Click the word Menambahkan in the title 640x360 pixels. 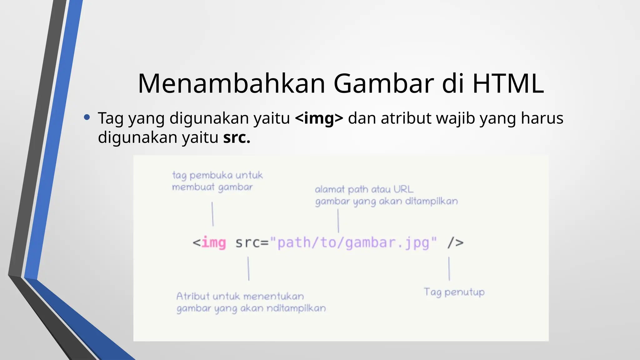coord(232,84)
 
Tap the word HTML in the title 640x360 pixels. coord(508,84)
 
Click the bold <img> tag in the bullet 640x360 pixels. coord(319,118)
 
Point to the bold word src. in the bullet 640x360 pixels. coord(237,137)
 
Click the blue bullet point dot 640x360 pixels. coord(87,117)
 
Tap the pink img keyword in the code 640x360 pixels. coord(213,243)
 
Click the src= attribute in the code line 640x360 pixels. coord(252,243)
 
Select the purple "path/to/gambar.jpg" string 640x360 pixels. coord(353,243)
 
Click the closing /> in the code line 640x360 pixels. coord(455,243)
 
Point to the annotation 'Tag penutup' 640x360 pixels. coord(454,292)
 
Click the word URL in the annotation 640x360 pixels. coord(403,189)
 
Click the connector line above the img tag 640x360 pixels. coord(212,214)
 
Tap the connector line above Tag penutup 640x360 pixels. coord(449,269)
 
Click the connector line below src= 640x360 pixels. coord(248,269)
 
